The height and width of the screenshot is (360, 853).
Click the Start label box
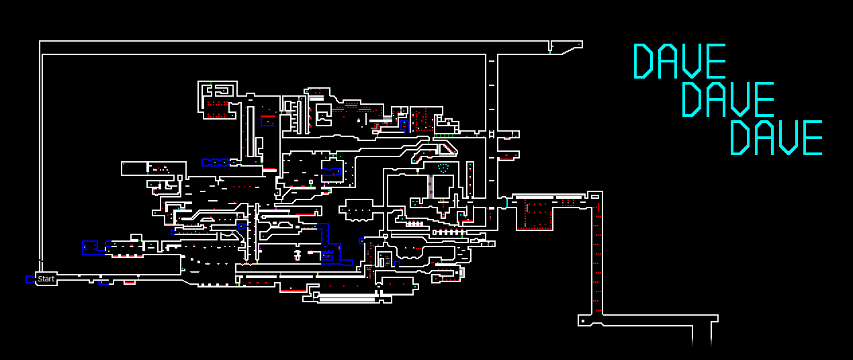[46, 279]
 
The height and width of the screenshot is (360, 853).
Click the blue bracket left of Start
[30, 279]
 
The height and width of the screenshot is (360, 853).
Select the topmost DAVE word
[680, 61]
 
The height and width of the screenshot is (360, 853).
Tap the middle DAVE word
[728, 99]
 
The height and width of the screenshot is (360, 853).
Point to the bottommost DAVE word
[776, 138]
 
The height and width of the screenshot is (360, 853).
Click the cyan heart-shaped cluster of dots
[443, 167]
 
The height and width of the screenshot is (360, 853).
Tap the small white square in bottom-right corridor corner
[583, 322]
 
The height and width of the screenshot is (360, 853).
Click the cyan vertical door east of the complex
[506, 202]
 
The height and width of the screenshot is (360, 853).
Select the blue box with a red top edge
[267, 121]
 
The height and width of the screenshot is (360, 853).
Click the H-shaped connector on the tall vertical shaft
[492, 134]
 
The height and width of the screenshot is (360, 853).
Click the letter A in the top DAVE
[668, 61]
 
